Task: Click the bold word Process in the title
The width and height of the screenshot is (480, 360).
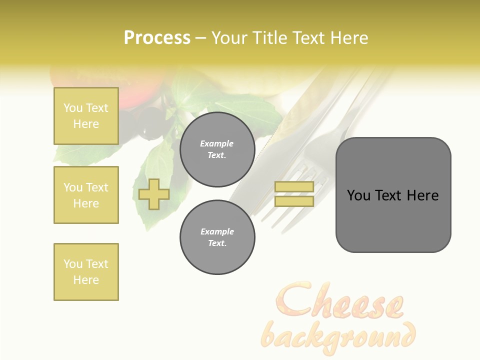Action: pyautogui.click(x=157, y=38)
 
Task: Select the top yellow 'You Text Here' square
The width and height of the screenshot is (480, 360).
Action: pyautogui.click(x=86, y=116)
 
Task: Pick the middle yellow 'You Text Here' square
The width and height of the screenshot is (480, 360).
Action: pyautogui.click(x=86, y=195)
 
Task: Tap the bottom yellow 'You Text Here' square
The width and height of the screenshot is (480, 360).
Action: pyautogui.click(x=86, y=272)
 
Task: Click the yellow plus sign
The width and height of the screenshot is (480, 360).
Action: pyautogui.click(x=154, y=194)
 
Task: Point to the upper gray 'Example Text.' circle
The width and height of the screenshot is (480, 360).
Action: pyautogui.click(x=217, y=149)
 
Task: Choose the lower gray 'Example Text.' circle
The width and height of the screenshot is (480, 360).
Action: pyautogui.click(x=217, y=237)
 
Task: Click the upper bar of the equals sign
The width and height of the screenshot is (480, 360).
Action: pyautogui.click(x=294, y=186)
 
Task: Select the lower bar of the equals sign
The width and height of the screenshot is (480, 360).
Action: pyautogui.click(x=294, y=201)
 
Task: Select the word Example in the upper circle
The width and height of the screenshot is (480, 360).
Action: pyautogui.click(x=216, y=143)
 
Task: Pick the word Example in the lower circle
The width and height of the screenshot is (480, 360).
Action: pyautogui.click(x=217, y=231)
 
